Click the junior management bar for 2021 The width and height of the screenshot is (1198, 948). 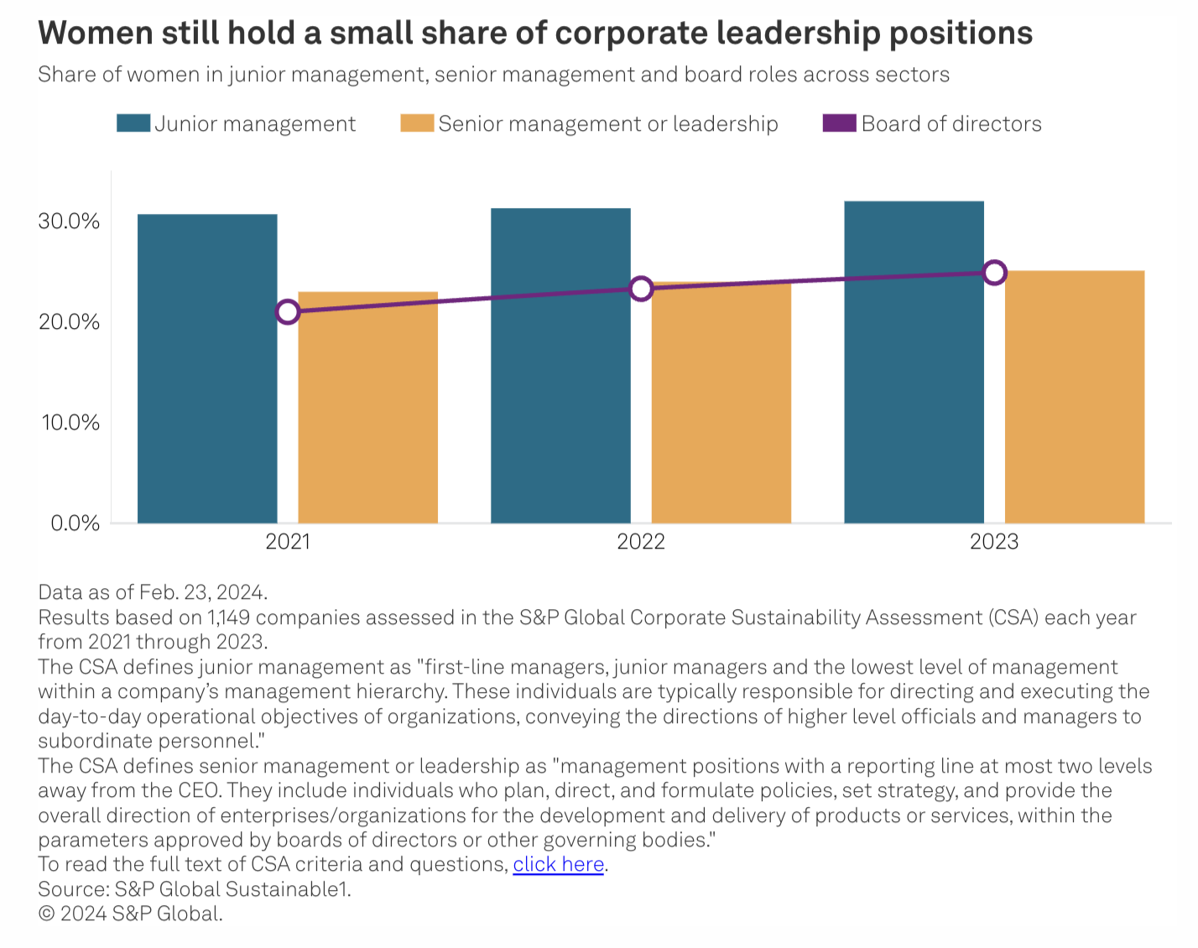(207, 369)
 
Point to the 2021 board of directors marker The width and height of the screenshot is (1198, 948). (288, 312)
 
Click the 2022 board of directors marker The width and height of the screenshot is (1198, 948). (641, 289)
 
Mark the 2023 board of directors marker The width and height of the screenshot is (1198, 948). (994, 273)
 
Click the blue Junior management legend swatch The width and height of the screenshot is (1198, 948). (133, 123)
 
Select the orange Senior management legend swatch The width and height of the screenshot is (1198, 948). (417, 123)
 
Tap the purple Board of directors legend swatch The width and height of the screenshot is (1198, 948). (840, 123)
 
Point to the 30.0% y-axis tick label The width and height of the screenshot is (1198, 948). (69, 221)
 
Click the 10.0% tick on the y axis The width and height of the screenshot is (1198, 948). (70, 422)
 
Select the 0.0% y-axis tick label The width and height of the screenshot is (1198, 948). (75, 523)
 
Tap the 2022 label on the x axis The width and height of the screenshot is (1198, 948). (641, 542)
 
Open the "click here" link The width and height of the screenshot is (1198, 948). (559, 864)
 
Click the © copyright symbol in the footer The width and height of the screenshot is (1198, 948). (46, 914)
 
